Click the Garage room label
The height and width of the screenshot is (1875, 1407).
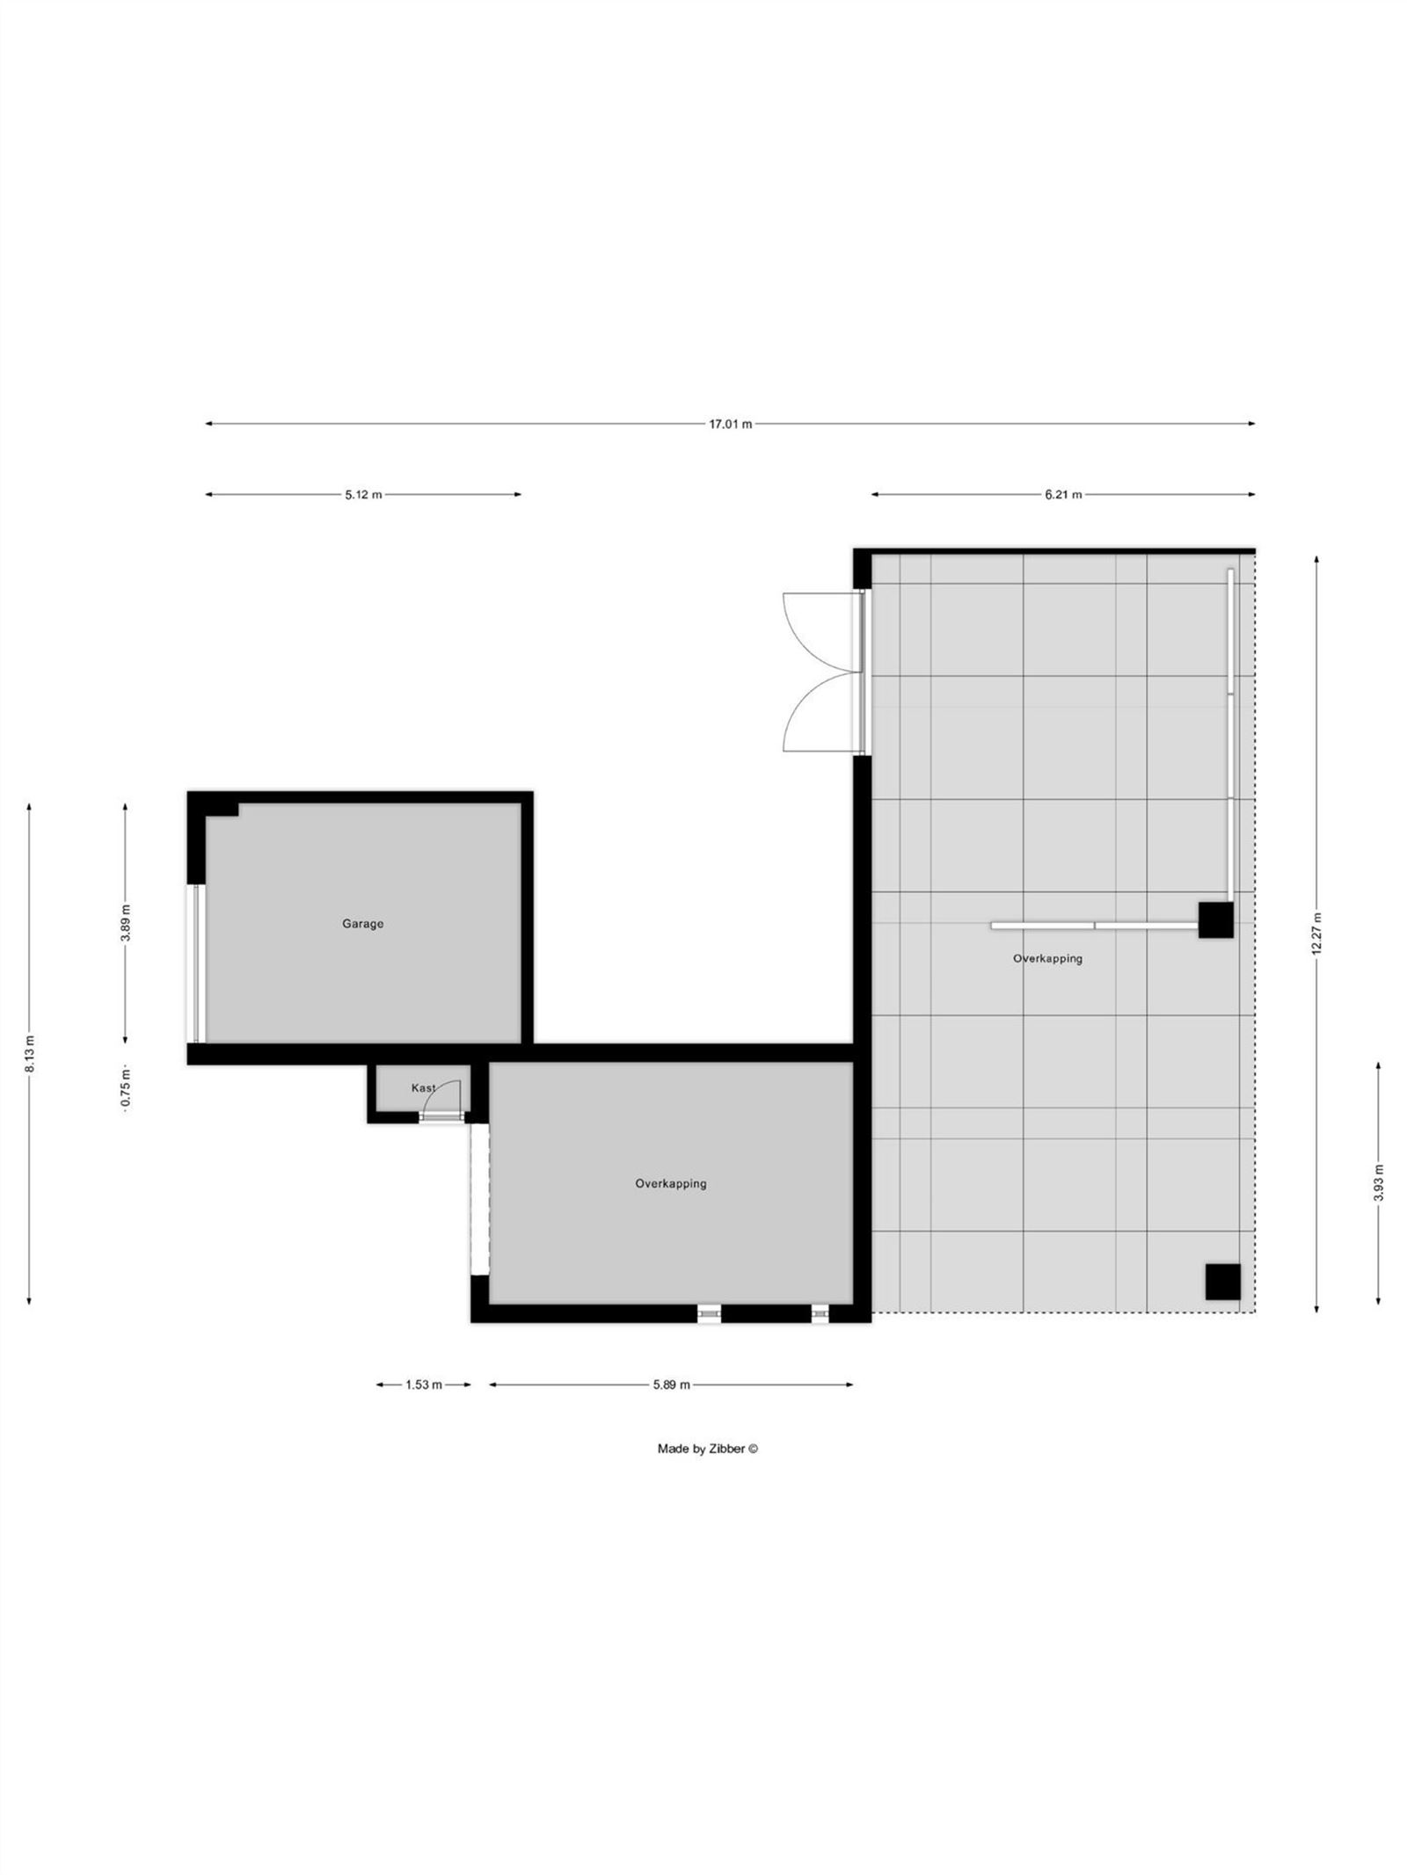(362, 924)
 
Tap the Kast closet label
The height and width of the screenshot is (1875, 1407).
(422, 1088)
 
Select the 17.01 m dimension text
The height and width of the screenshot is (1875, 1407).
(730, 425)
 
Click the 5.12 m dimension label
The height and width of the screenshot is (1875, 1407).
(363, 495)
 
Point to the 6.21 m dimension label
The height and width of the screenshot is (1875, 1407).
(1063, 495)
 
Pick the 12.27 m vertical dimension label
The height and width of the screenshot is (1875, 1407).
(1316, 934)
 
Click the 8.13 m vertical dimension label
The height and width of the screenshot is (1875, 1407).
(30, 1053)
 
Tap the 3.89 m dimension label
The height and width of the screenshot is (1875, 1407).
(126, 922)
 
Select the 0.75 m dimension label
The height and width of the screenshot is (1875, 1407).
(126, 1088)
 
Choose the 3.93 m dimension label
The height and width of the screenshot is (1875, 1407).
(1378, 1182)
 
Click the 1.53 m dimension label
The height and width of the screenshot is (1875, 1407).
(423, 1384)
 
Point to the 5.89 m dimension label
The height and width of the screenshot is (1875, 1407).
(671, 1384)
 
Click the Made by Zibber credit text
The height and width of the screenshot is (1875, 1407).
(707, 1449)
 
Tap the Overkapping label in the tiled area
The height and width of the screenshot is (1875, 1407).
(1047, 959)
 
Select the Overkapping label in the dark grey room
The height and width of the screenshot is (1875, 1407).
(671, 1184)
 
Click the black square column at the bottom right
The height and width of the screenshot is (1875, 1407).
(1222, 1282)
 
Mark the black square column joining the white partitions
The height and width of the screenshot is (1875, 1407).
(1215, 919)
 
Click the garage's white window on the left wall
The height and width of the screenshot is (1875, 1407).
(199, 963)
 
